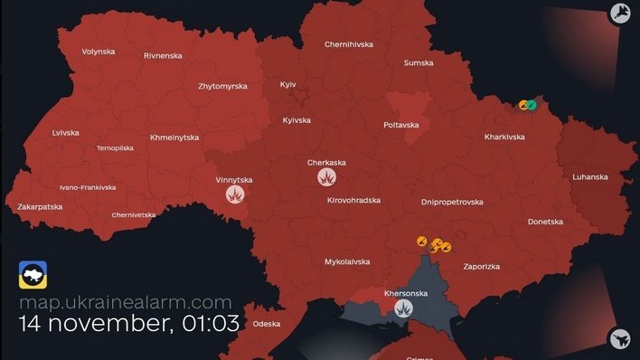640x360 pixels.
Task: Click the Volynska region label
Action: [98, 52]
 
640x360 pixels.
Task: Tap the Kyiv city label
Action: [288, 84]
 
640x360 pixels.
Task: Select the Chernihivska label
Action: [349, 44]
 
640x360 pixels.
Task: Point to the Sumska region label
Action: [418, 63]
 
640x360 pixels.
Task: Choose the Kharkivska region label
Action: [505, 137]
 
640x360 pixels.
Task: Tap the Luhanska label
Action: [589, 177]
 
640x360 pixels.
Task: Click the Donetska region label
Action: [545, 222]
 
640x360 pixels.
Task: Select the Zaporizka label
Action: [480, 267]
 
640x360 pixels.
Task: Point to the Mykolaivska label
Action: [347, 261]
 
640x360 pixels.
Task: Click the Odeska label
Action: [267, 323]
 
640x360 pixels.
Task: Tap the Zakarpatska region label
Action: [39, 207]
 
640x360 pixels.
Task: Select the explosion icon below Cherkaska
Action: [326, 177]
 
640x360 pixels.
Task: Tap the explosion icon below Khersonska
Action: [403, 309]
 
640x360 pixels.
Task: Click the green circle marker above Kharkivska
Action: [532, 105]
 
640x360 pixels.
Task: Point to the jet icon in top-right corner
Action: [620, 13]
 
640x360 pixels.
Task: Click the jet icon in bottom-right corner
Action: [620, 339]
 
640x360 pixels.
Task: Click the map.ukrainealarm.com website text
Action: [125, 303]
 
